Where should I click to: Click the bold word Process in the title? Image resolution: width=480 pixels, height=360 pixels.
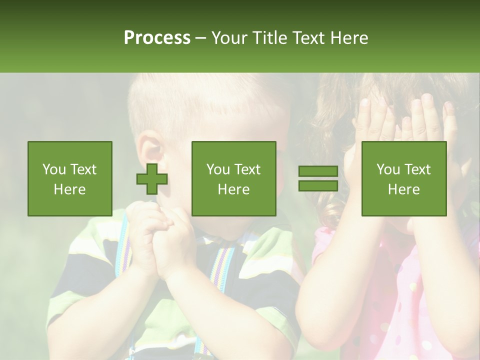(157, 38)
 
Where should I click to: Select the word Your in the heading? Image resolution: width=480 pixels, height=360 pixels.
(229, 38)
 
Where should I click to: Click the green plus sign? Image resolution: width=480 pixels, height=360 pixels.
(152, 179)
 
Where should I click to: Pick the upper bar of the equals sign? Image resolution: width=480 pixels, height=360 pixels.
(318, 171)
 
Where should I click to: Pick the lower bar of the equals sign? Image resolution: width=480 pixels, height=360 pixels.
(318, 186)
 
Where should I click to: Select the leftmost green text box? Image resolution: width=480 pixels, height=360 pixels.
(70, 179)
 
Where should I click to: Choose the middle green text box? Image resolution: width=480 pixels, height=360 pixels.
(234, 179)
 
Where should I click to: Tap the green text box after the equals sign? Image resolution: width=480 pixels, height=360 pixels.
(404, 179)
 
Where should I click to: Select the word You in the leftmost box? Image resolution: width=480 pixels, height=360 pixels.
(53, 169)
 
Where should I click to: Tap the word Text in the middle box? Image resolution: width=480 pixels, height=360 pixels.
(247, 169)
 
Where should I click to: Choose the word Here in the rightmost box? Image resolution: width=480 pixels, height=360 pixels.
(404, 189)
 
